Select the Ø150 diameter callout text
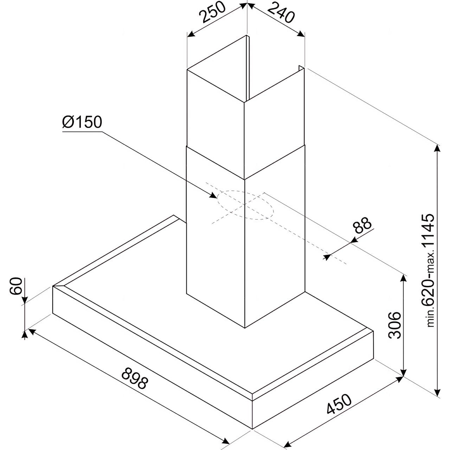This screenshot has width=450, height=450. [x=82, y=122]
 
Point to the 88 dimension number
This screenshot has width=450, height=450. [x=362, y=225]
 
